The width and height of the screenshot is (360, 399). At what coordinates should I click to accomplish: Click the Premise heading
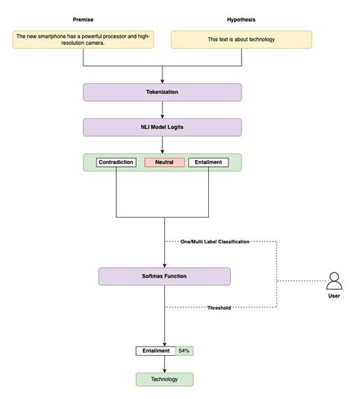[83, 19]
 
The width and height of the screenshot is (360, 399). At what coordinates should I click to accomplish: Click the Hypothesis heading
[242, 19]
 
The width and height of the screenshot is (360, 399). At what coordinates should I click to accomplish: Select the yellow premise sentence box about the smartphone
[83, 39]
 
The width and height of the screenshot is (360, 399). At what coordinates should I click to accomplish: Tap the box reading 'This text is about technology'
[241, 39]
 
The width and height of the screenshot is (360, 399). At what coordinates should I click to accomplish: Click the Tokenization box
[163, 93]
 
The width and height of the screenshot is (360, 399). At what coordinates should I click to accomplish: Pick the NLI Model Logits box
[163, 127]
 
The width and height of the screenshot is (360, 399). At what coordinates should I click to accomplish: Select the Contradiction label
[116, 162]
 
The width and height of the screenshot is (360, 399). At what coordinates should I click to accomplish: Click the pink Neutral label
[164, 162]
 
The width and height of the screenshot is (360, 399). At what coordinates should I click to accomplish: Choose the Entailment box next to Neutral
[208, 162]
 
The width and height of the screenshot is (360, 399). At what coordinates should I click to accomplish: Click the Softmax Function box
[164, 276]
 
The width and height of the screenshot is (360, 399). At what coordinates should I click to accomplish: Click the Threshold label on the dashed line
[219, 308]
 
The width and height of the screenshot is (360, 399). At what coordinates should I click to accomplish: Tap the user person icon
[334, 281]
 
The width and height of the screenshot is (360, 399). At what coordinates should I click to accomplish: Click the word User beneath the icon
[334, 296]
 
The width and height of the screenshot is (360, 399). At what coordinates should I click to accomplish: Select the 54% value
[184, 351]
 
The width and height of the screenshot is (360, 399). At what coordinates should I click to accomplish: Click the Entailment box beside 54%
[155, 351]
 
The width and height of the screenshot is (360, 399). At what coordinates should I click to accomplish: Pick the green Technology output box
[164, 379]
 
